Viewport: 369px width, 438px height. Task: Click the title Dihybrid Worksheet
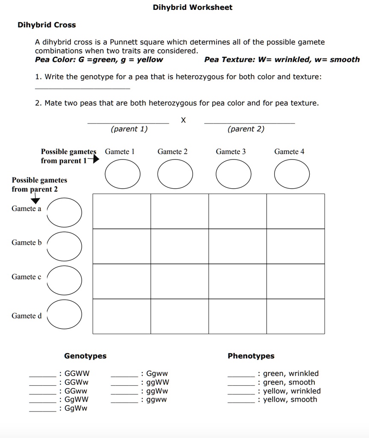click(x=193, y=7)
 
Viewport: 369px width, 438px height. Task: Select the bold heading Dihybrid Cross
click(x=47, y=25)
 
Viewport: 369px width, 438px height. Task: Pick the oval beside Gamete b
click(x=64, y=246)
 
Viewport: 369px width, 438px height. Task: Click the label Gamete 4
click(x=289, y=151)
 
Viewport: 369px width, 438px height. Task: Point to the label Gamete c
click(x=26, y=277)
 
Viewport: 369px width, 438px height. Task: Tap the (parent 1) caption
click(x=129, y=129)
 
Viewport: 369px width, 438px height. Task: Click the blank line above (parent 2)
click(x=249, y=122)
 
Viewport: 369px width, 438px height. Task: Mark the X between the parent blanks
click(x=183, y=120)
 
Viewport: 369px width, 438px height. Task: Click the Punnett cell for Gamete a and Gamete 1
click(x=122, y=211)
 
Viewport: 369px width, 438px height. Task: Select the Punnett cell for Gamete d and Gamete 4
click(x=296, y=317)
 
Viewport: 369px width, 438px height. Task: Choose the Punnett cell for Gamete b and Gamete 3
click(x=237, y=246)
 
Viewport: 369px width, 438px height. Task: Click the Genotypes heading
click(x=85, y=356)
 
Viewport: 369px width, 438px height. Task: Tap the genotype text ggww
click(x=157, y=400)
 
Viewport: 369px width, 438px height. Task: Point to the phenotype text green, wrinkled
click(x=290, y=373)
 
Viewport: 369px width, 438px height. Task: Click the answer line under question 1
click(x=82, y=88)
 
